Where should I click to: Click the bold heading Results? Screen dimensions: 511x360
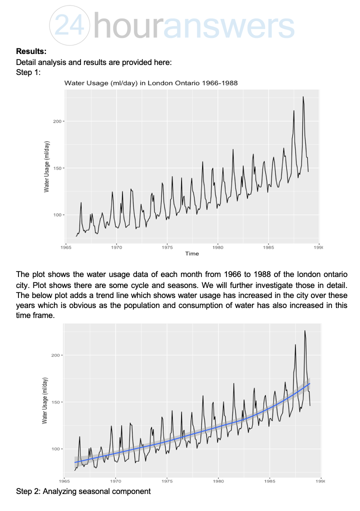(31, 51)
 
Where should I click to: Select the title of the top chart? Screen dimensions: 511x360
(153, 82)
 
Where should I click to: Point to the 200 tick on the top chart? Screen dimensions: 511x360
(57, 121)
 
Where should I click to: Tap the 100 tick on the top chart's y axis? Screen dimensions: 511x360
(57, 215)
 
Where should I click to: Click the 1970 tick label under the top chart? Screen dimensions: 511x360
(116, 247)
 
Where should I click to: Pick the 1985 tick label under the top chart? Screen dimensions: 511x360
(268, 247)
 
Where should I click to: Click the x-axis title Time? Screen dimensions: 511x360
(192, 253)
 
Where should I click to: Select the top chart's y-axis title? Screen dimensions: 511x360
(46, 167)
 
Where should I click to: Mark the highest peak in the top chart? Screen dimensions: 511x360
(303, 96)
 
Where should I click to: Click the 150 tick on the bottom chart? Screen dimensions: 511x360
(56, 402)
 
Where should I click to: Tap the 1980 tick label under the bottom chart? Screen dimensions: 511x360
(218, 481)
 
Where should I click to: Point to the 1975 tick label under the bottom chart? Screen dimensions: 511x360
(167, 481)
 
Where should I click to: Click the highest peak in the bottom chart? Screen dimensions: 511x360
(304, 330)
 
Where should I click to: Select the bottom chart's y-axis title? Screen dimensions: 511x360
(45, 401)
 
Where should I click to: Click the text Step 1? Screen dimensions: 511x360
(28, 72)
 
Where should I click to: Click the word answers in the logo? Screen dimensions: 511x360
(228, 24)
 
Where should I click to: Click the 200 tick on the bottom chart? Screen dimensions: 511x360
(56, 355)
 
